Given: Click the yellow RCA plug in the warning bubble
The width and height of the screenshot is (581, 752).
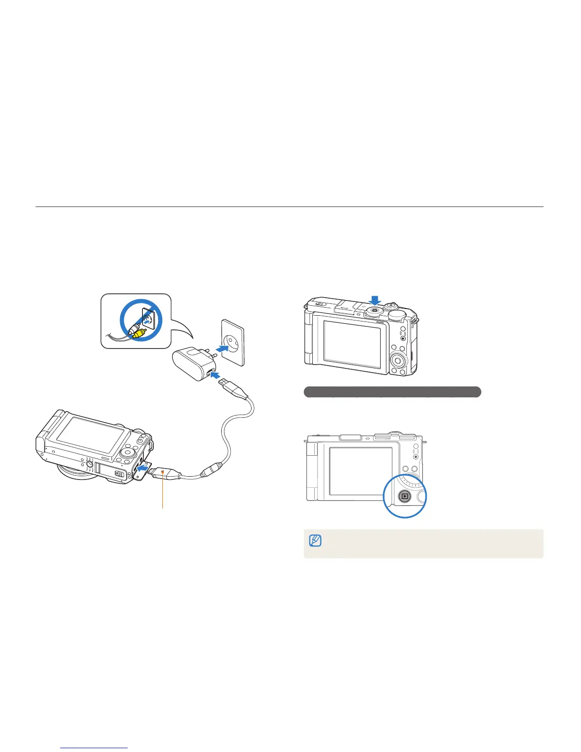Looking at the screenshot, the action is click(x=139, y=333).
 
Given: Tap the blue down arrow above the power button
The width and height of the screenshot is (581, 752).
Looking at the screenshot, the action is click(x=375, y=300).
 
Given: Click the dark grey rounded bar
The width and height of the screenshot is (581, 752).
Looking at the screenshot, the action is click(x=392, y=392).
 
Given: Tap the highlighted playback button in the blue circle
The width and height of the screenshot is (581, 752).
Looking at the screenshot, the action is click(x=404, y=497).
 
